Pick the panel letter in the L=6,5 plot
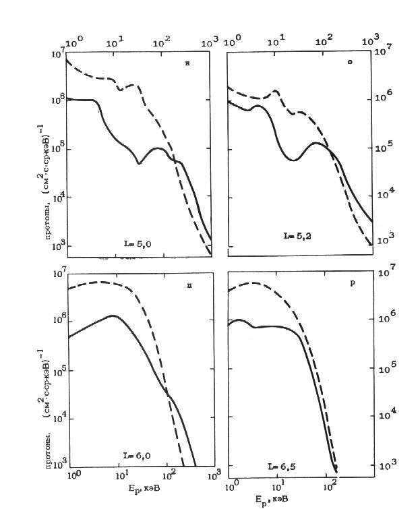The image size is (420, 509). [351, 283]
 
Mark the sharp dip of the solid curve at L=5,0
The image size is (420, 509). [139, 163]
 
